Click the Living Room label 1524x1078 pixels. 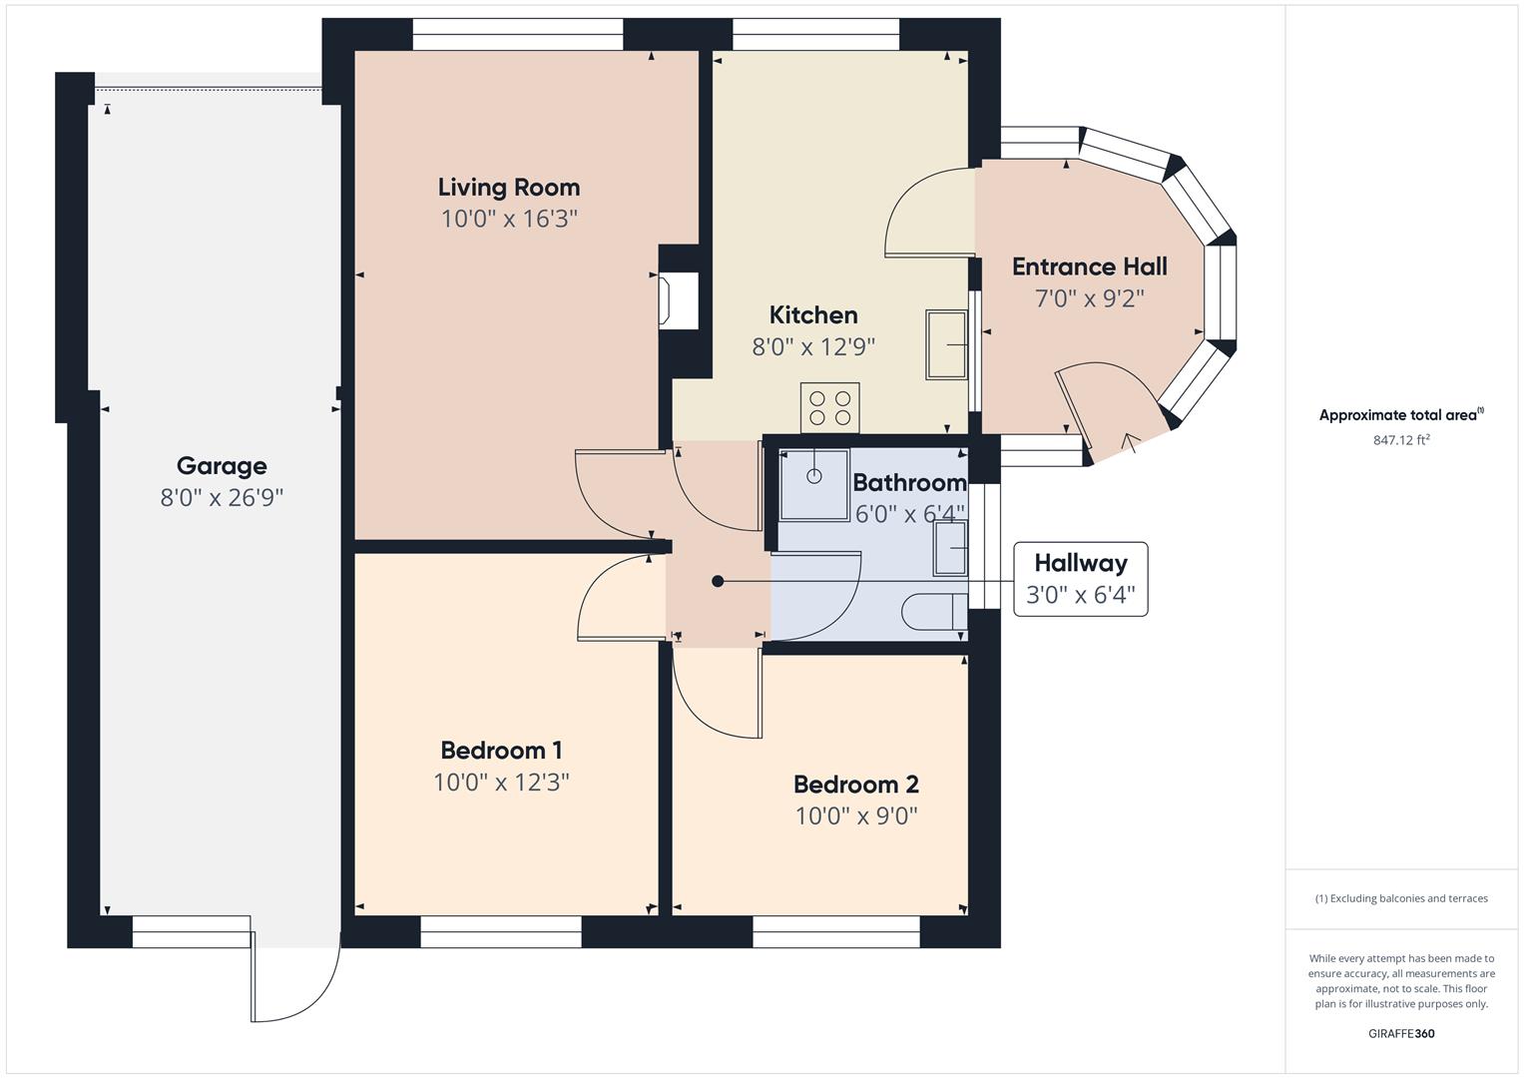click(509, 188)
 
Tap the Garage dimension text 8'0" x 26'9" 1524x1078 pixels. click(222, 497)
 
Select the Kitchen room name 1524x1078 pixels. click(813, 315)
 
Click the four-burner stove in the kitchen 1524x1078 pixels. click(829, 408)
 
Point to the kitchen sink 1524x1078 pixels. click(946, 344)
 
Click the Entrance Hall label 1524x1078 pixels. click(1089, 267)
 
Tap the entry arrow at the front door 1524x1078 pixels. click(1132, 443)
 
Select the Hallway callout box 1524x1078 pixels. click(1080, 579)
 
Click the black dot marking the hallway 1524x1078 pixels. click(718, 581)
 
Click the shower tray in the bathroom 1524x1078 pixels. click(813, 484)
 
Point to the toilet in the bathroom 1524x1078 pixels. click(934, 611)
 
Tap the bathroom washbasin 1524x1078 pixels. click(950, 548)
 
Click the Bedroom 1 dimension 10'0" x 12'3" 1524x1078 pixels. click(501, 782)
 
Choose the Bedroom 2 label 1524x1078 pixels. click(855, 785)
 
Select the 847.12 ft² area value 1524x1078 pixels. click(1401, 440)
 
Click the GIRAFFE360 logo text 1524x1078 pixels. click(1401, 1033)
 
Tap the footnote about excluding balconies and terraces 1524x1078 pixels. click(1401, 898)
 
